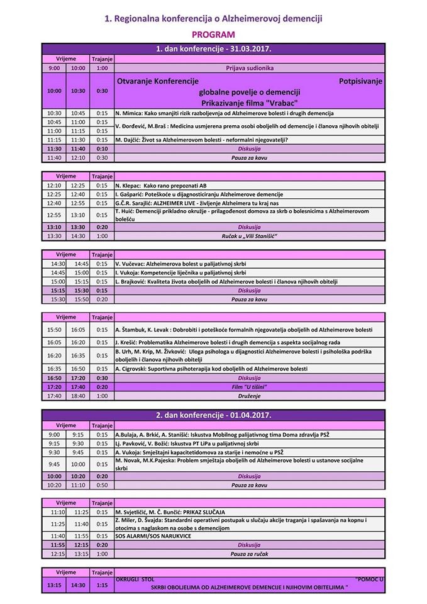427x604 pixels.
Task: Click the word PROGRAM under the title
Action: pyautogui.click(x=213, y=35)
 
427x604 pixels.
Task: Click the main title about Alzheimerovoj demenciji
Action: pyautogui.click(x=213, y=20)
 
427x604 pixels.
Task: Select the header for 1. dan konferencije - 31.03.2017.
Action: pyautogui.click(x=213, y=48)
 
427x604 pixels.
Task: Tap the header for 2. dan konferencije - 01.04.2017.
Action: pyautogui.click(x=213, y=416)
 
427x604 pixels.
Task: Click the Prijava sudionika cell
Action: pyautogui.click(x=249, y=67)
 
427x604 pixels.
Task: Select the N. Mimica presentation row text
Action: pyautogui.click(x=216, y=113)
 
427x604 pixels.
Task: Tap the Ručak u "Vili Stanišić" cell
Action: pyautogui.click(x=249, y=235)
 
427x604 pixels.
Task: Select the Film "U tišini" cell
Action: pyautogui.click(x=249, y=386)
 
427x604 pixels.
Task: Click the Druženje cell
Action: pyautogui.click(x=249, y=396)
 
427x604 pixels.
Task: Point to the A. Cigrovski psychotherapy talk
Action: pyautogui.click(x=211, y=368)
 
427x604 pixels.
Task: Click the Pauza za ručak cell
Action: pyautogui.click(x=249, y=554)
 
